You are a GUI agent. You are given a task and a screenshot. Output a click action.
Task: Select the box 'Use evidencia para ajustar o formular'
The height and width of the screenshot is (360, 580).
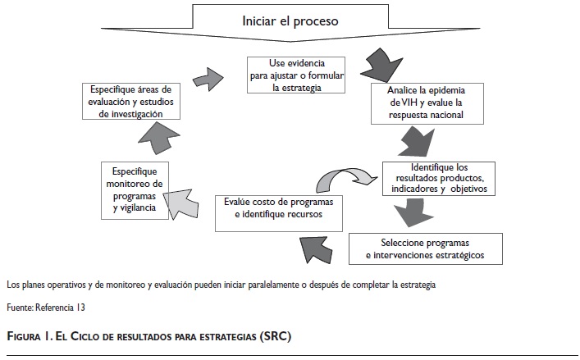298,75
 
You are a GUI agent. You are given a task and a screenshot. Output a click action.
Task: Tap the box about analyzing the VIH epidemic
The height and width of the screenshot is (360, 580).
426,103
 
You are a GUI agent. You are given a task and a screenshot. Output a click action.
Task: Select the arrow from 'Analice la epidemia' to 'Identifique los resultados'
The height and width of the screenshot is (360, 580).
419,144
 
